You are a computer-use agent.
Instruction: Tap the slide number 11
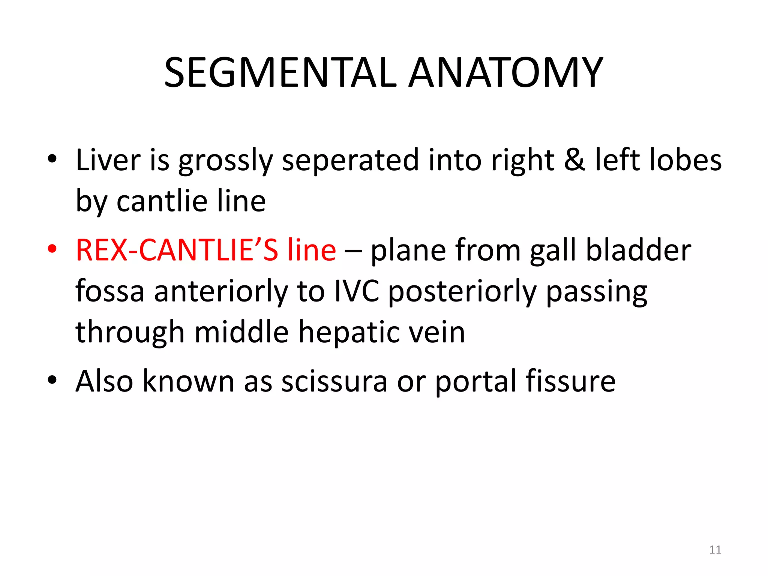pyautogui.click(x=715, y=550)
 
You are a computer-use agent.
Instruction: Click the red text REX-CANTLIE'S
pyautogui.click(x=177, y=250)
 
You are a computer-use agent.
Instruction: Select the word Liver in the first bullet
pyautogui.click(x=108, y=160)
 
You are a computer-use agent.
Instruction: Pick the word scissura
pyautogui.click(x=334, y=381)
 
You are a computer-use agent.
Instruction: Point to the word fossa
pyautogui.click(x=110, y=291)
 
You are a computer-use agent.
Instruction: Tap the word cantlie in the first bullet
pyautogui.click(x=162, y=201)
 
